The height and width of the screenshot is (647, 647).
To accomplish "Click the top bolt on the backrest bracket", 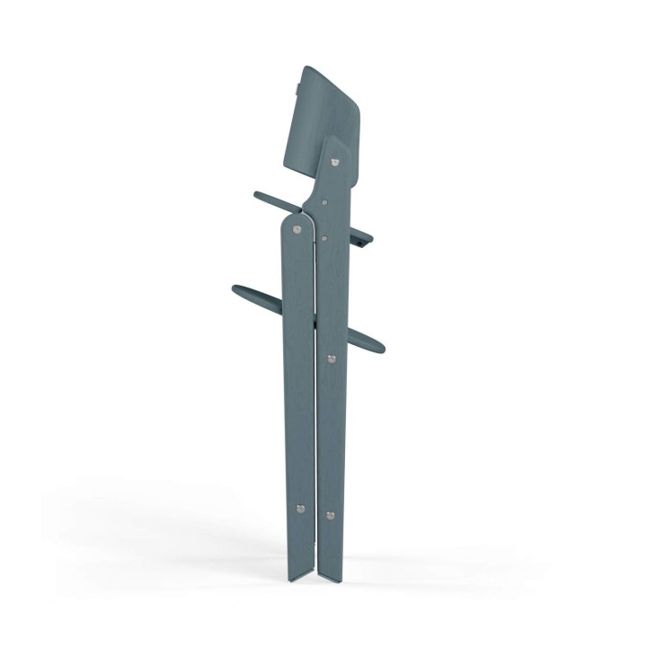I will point(335,163).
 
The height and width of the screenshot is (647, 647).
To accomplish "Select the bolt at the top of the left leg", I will point(297,230).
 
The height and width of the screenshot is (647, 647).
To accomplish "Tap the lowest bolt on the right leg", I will point(332,516).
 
